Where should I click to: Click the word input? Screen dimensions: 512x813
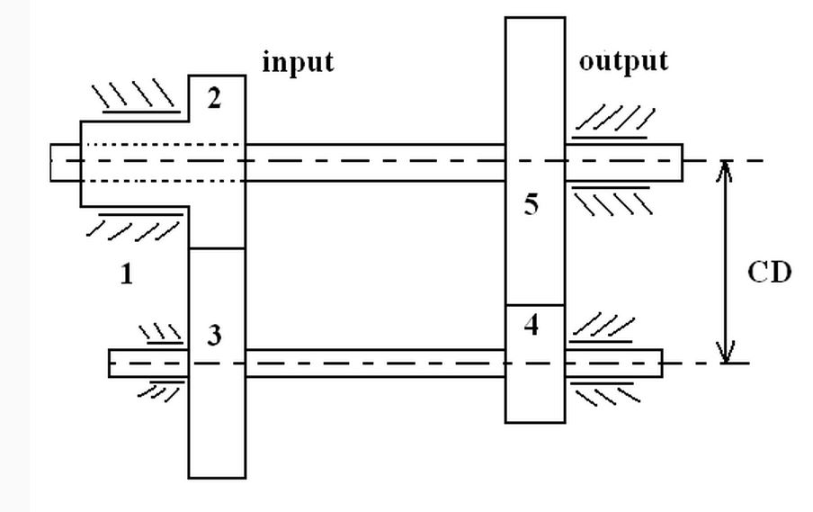(x=298, y=63)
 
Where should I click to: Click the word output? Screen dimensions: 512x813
(x=623, y=61)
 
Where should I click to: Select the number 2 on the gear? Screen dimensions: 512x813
(x=214, y=99)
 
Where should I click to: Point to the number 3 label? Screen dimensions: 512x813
(x=214, y=337)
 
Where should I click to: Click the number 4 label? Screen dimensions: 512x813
(x=532, y=326)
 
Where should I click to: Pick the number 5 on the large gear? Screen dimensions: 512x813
(x=532, y=205)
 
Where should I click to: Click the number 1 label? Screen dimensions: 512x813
(x=127, y=275)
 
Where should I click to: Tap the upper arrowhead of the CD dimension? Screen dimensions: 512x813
(x=727, y=171)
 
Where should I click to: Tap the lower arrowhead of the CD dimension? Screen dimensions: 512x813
(x=727, y=353)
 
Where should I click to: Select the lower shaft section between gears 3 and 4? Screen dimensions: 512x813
(x=374, y=363)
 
